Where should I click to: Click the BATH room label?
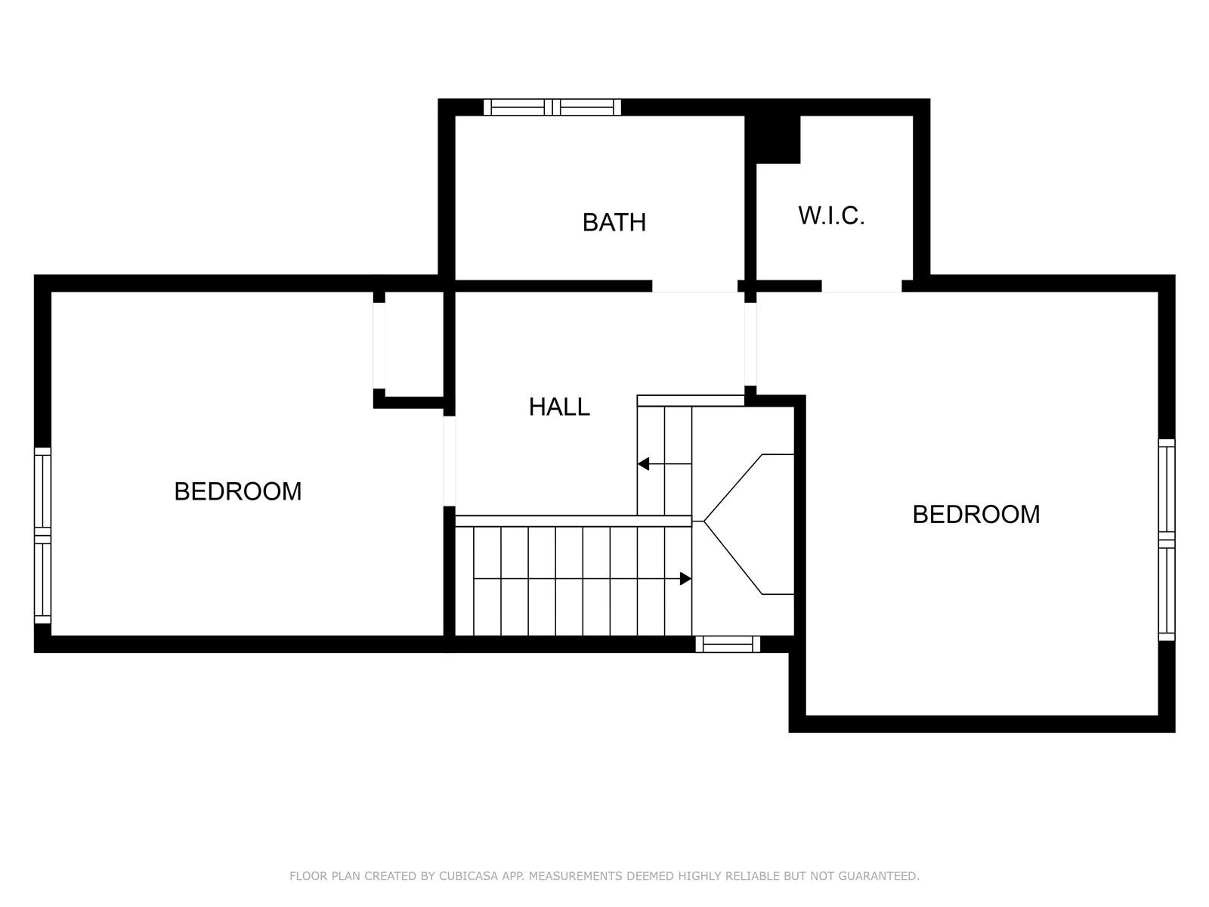click(614, 222)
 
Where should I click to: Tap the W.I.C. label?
click(831, 215)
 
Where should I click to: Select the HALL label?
click(559, 407)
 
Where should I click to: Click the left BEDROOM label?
click(238, 491)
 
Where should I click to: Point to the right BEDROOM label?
click(976, 515)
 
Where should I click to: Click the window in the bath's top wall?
click(552, 107)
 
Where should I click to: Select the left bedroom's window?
click(42, 535)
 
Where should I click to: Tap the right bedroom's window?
click(1167, 540)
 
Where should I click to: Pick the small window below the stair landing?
click(728, 644)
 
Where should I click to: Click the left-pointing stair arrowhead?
click(643, 464)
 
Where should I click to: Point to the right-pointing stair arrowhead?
click(686, 579)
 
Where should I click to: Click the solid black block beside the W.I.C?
click(772, 139)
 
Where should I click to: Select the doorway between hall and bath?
click(695, 286)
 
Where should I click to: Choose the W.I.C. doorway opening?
click(862, 286)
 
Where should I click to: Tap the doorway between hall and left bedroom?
click(450, 461)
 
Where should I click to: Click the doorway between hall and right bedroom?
click(750, 344)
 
